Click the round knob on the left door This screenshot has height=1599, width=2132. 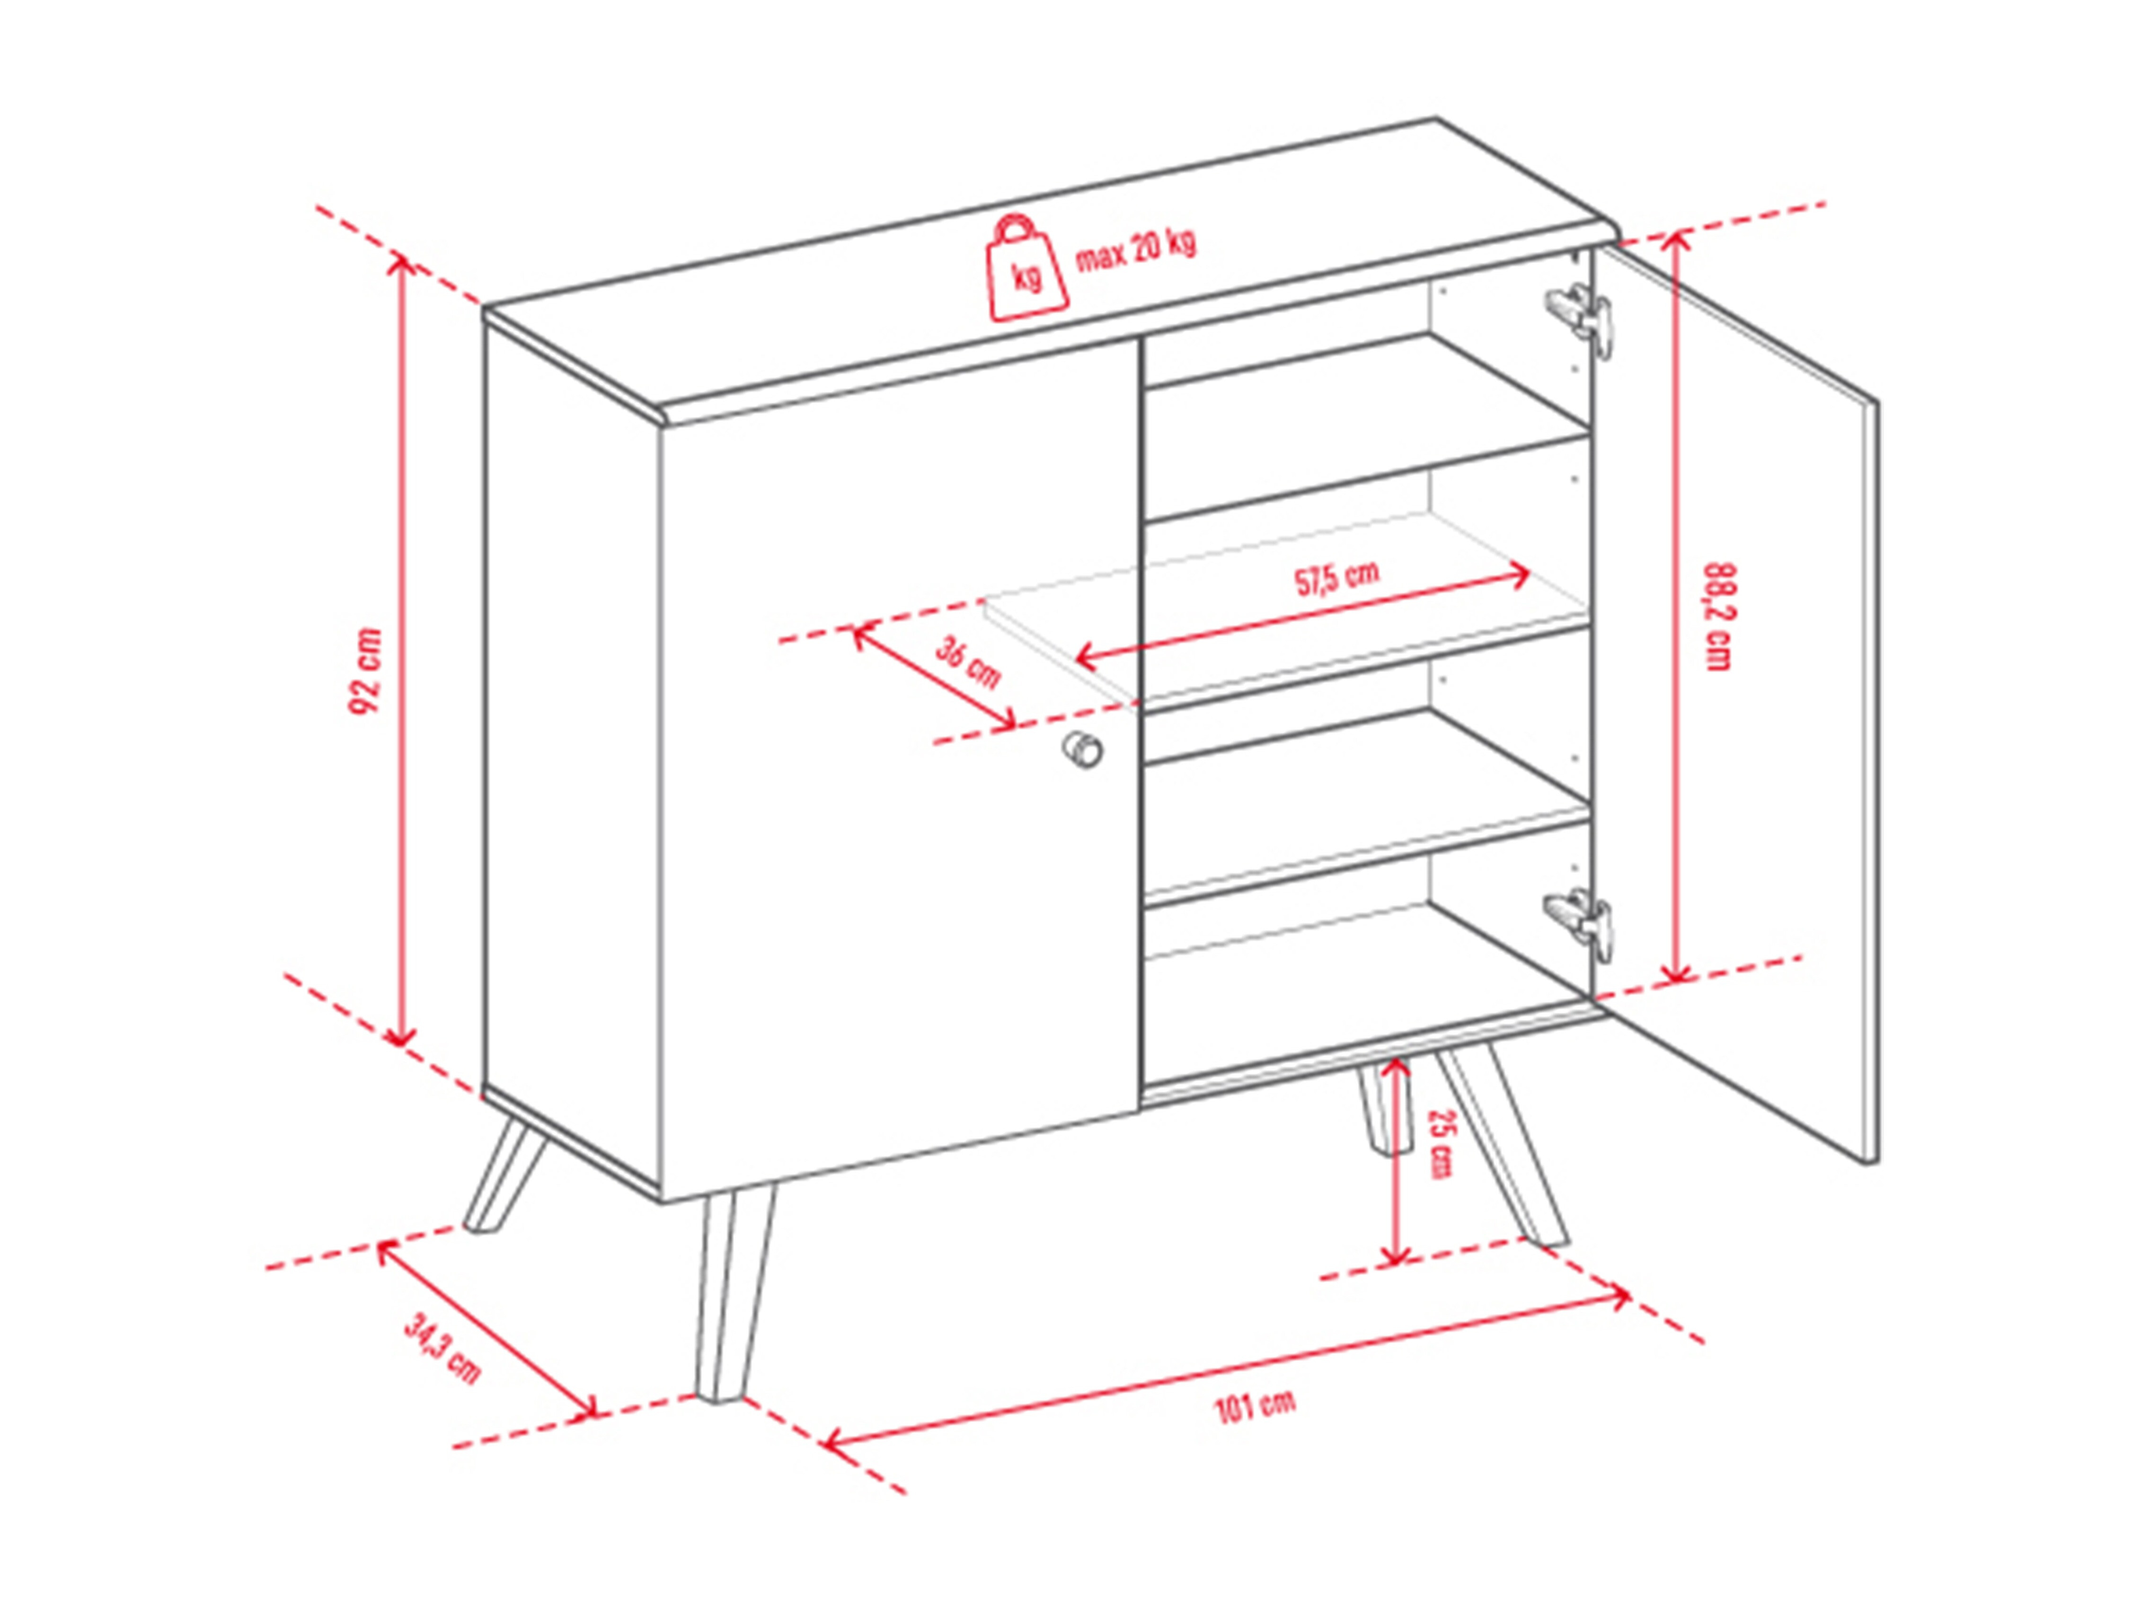[x=1082, y=749]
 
